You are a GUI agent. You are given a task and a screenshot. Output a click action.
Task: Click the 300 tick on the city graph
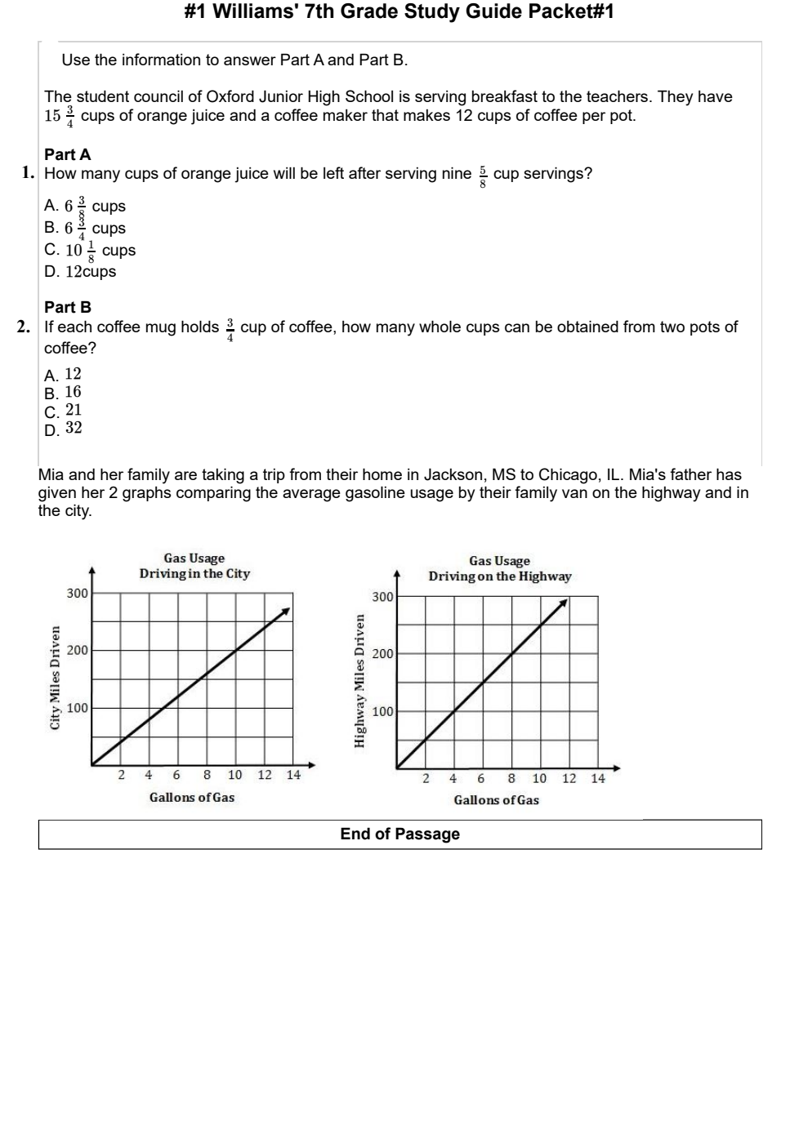[x=77, y=594]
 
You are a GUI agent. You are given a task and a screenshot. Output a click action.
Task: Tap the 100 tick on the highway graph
[x=382, y=712]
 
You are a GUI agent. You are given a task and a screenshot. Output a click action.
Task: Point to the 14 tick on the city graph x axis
[x=293, y=775]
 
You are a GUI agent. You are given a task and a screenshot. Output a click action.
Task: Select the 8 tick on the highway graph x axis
[x=511, y=778]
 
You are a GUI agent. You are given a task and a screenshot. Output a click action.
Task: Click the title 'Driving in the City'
[x=194, y=573]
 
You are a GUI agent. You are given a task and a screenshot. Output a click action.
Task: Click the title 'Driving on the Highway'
[x=499, y=576]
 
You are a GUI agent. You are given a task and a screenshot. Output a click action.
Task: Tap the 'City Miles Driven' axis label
[x=56, y=678]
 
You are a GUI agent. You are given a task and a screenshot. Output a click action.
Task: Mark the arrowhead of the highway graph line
[x=565, y=603]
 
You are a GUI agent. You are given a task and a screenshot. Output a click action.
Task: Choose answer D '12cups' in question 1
[x=80, y=272]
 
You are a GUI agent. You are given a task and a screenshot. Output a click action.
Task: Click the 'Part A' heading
[x=68, y=154]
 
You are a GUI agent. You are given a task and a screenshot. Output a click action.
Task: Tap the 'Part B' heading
[x=68, y=307]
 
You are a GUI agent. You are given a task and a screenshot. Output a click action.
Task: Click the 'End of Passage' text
[x=399, y=834]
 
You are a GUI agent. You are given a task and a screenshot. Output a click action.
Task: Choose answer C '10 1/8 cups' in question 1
[x=90, y=250]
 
